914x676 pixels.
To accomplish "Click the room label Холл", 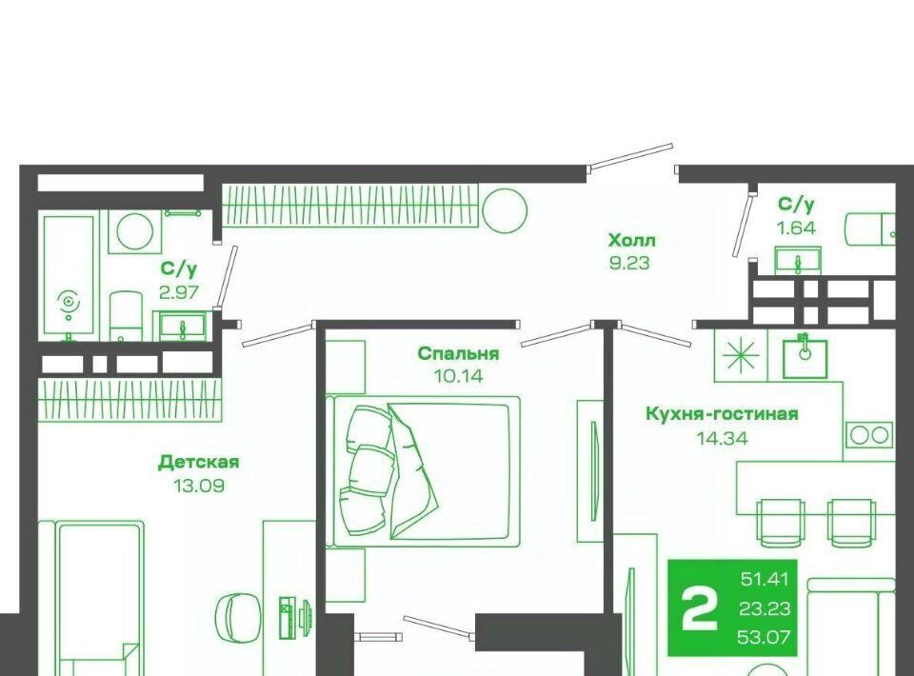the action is click(x=631, y=240).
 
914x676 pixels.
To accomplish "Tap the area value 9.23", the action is click(x=629, y=264).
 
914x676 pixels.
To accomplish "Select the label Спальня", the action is click(x=458, y=354).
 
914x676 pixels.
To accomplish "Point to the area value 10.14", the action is click(x=458, y=376).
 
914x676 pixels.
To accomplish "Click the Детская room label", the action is click(x=199, y=462).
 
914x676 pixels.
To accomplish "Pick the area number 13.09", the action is click(x=199, y=486).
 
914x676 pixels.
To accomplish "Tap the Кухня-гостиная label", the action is click(x=722, y=414).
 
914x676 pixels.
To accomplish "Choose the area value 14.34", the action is click(x=723, y=438).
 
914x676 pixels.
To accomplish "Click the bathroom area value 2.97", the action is click(x=179, y=292).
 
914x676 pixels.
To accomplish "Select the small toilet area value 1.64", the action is click(x=796, y=228).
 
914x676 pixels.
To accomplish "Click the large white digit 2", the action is click(x=700, y=608).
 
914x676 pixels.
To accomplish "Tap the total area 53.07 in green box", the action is click(x=764, y=637).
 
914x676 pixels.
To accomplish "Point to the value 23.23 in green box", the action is click(x=765, y=608).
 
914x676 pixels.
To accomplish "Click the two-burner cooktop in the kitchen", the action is click(x=869, y=435).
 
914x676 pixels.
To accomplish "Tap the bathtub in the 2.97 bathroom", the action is click(x=69, y=278).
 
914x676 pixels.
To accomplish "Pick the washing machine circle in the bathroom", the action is click(x=135, y=232).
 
